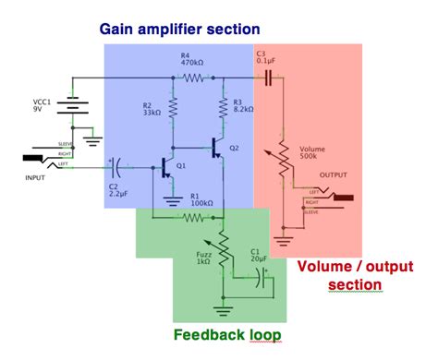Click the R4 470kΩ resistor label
click(192, 62)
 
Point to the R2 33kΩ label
click(151, 110)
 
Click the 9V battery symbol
click(71, 105)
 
